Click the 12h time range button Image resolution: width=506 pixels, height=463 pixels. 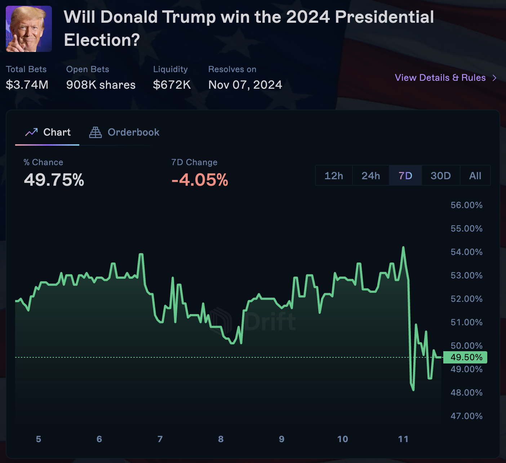[x=334, y=176]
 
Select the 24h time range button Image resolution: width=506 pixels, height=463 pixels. [x=370, y=176]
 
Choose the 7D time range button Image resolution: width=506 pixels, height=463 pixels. [x=405, y=176]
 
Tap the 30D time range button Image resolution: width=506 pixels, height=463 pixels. [x=440, y=176]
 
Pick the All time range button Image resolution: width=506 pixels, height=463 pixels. [x=475, y=176]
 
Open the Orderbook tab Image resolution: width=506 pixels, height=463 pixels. [x=125, y=132]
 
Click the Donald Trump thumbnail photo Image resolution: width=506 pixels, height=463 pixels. [x=29, y=29]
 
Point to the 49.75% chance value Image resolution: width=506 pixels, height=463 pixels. [x=54, y=180]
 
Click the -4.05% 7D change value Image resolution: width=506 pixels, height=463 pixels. [x=200, y=180]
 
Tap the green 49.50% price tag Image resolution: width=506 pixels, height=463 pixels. [x=465, y=357]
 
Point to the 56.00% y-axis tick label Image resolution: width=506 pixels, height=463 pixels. [x=466, y=205]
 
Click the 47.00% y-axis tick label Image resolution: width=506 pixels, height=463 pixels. [x=466, y=416]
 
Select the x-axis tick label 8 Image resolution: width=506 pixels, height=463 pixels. [x=221, y=439]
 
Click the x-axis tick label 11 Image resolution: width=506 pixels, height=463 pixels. [x=403, y=439]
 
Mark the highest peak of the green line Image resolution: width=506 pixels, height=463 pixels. [x=403, y=247]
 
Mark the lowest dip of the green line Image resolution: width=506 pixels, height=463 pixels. [x=413, y=390]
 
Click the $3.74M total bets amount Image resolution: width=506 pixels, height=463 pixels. [x=27, y=85]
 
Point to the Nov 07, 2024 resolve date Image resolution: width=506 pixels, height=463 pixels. [x=245, y=85]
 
